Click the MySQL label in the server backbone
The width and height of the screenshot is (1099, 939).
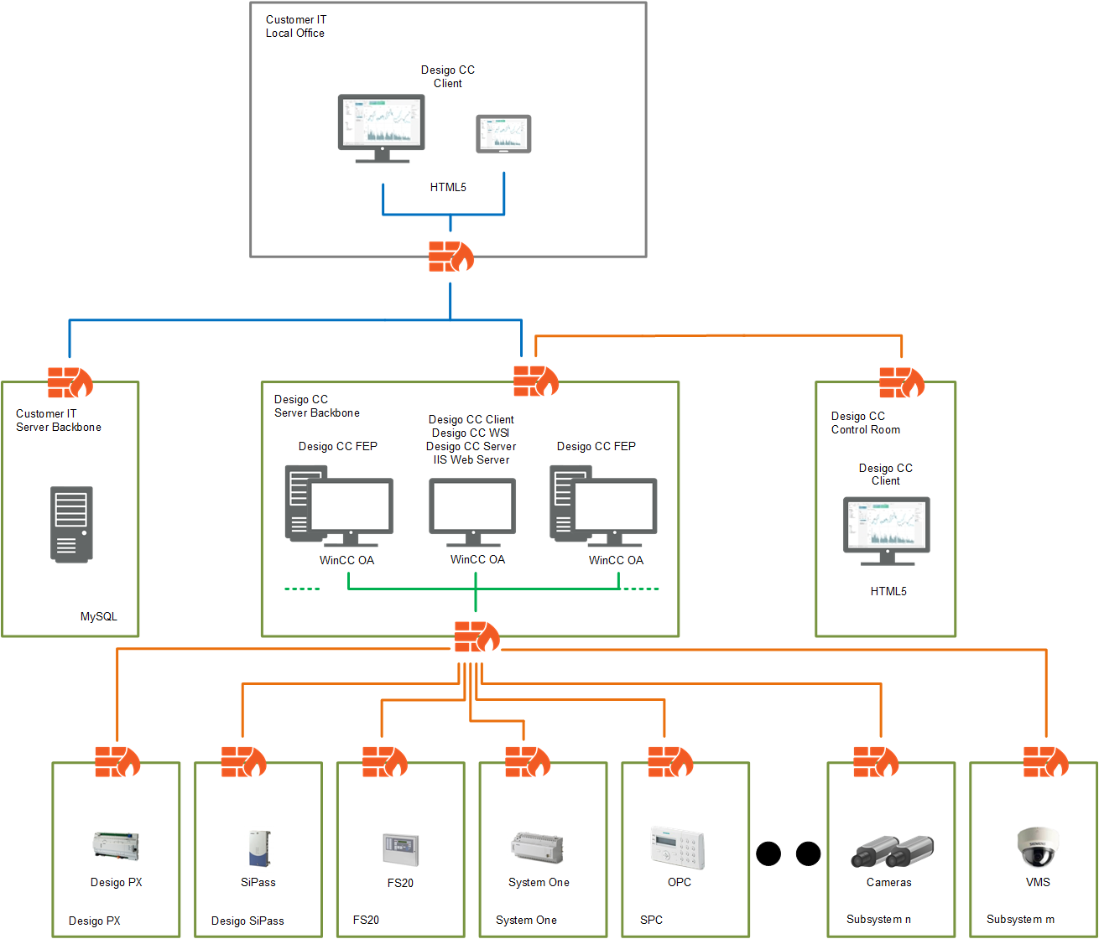point(98,616)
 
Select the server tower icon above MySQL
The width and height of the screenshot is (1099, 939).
point(71,524)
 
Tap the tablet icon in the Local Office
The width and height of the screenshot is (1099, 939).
point(503,134)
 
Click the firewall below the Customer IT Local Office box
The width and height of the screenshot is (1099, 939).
point(451,257)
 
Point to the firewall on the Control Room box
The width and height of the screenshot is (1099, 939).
point(901,382)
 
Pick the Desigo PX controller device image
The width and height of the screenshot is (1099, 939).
point(116,847)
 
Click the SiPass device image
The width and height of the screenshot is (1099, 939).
point(258,848)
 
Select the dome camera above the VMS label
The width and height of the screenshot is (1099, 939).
point(1038,847)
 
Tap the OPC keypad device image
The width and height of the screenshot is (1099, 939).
point(678,848)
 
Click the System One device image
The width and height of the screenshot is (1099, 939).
point(538,848)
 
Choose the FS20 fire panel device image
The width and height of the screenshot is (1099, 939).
point(400,849)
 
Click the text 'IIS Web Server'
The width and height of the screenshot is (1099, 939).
point(471,459)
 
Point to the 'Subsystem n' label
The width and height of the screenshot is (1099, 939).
point(878,919)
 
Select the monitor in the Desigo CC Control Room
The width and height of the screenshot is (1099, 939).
point(886,531)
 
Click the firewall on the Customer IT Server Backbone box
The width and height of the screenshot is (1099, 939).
point(70,382)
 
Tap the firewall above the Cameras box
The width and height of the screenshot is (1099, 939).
point(875,762)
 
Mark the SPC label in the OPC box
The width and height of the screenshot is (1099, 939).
point(651,920)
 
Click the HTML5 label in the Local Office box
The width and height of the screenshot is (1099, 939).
point(448,187)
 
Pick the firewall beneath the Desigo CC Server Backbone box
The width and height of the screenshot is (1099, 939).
point(477,637)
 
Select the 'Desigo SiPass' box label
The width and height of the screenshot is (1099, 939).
point(247,921)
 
